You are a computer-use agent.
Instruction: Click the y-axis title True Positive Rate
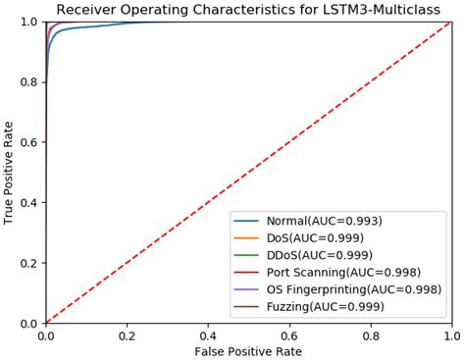coord(10,173)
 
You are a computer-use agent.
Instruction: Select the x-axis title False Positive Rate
coord(248,350)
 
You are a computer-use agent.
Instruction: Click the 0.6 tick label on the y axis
coord(29,142)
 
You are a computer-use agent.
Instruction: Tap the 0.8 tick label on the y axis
coord(29,82)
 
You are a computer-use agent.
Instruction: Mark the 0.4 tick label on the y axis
coord(29,203)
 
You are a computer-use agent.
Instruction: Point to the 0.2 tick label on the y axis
coord(29,263)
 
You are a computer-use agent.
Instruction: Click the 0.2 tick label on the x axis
coord(127,334)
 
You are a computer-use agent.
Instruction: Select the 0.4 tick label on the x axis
coord(208,334)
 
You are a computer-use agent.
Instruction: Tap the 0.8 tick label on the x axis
coord(370,334)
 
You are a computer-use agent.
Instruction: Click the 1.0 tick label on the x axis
coord(450,334)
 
